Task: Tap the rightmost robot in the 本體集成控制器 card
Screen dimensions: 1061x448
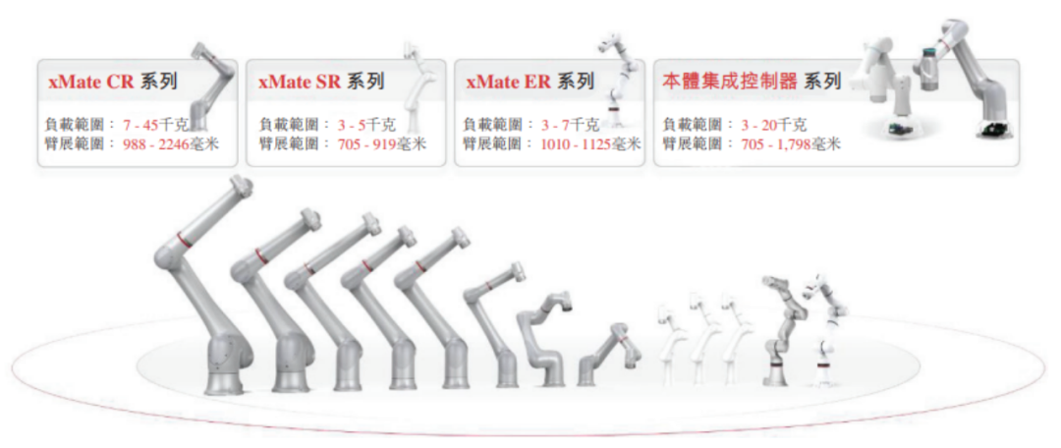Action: click(973, 79)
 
